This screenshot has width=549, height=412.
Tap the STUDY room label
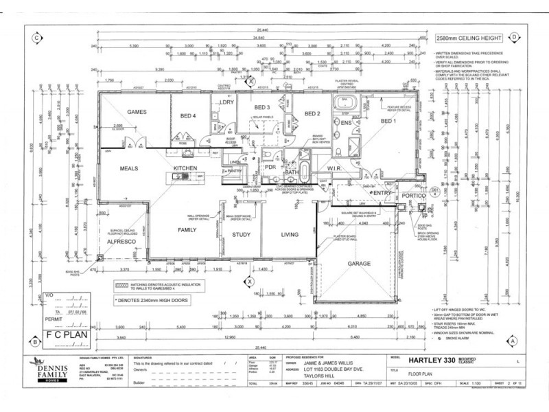pyautogui.click(x=242, y=234)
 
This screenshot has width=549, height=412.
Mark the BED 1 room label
pyautogui.click(x=389, y=121)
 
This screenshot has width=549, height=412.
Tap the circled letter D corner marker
pyautogui.click(x=514, y=38)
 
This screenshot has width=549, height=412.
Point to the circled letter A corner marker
pyautogui.click(x=513, y=341)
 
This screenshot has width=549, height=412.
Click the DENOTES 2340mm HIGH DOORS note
pyautogui.click(x=153, y=300)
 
